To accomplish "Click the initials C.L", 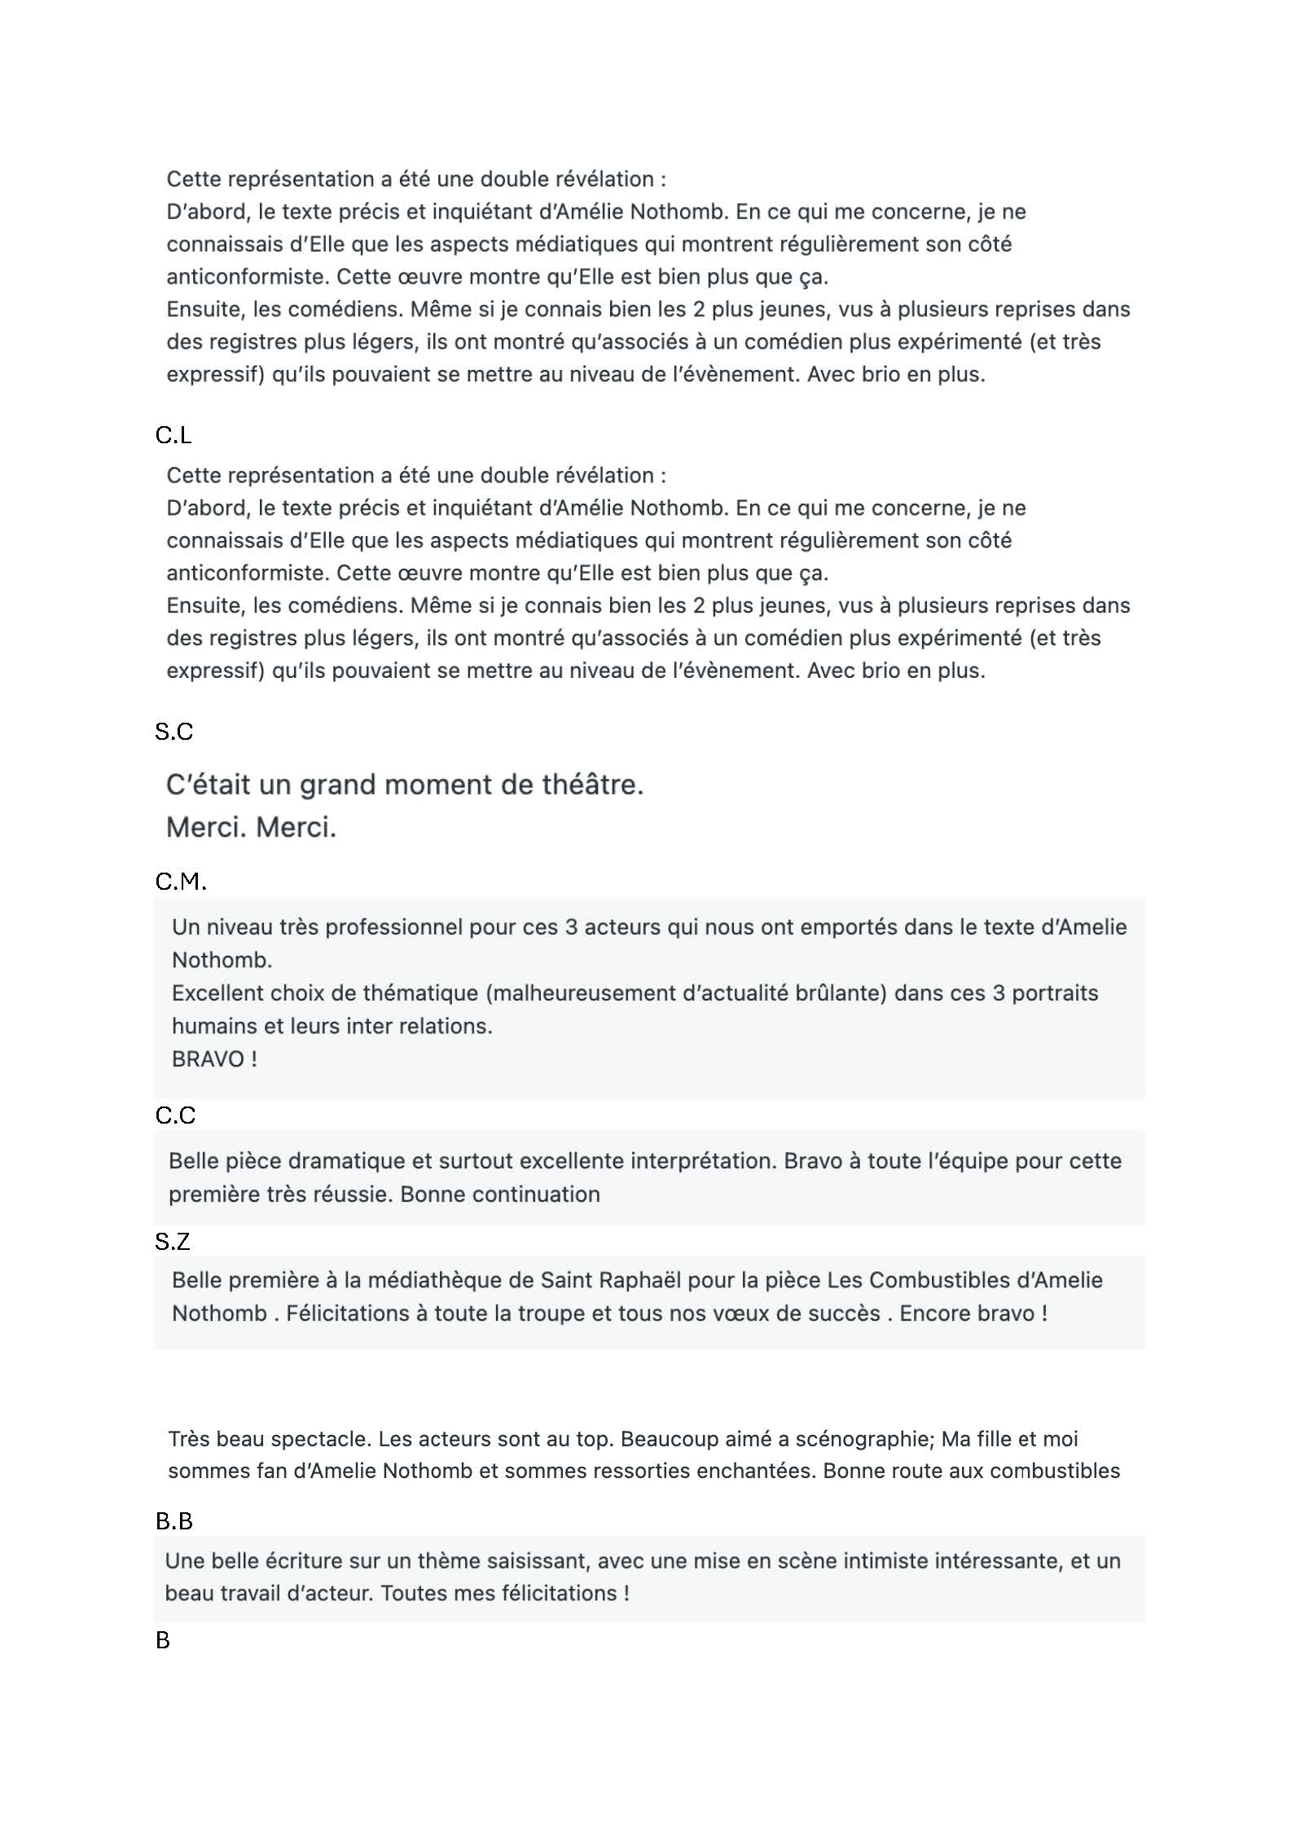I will [173, 436].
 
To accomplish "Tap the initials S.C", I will [173, 732].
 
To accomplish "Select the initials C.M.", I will [180, 882].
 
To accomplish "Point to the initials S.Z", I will [172, 1242].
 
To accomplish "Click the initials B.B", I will [173, 1521].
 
